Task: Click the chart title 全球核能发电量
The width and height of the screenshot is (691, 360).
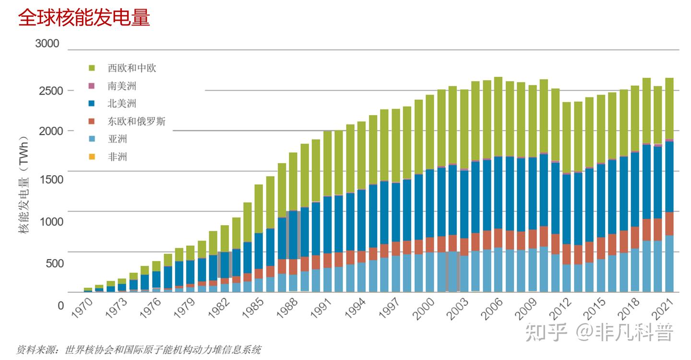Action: coord(84,17)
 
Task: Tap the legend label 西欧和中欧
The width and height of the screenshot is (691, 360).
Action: coord(131,68)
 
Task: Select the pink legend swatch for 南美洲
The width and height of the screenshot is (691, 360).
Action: coord(92,86)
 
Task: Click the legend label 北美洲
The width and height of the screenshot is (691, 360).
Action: coord(122,103)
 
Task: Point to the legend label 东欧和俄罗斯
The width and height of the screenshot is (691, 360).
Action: coord(136,121)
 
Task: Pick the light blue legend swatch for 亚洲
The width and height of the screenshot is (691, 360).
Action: coord(92,139)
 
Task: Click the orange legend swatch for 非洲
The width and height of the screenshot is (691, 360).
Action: coord(92,156)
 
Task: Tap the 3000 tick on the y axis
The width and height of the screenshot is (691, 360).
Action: coord(47,44)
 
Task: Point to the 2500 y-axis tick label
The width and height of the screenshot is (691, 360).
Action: coord(51,91)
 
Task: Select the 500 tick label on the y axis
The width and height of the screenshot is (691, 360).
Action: coord(55,264)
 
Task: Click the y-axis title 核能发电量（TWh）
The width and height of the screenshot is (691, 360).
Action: coord(24,184)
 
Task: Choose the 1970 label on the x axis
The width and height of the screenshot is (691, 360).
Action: coord(82,308)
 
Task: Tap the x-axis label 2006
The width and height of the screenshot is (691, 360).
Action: coord(492,309)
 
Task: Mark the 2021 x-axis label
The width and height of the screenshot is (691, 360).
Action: coord(662,309)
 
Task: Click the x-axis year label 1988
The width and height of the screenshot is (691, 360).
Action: coord(287,309)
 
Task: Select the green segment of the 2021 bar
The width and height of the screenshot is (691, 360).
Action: coord(669,108)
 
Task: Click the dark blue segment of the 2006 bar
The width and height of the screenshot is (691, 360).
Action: coord(498,192)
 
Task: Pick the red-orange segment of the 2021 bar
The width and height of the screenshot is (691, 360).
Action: coord(669,224)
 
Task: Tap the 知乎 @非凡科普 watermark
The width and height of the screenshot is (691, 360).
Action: coord(599,332)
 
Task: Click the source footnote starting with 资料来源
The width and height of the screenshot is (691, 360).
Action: coord(139,350)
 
